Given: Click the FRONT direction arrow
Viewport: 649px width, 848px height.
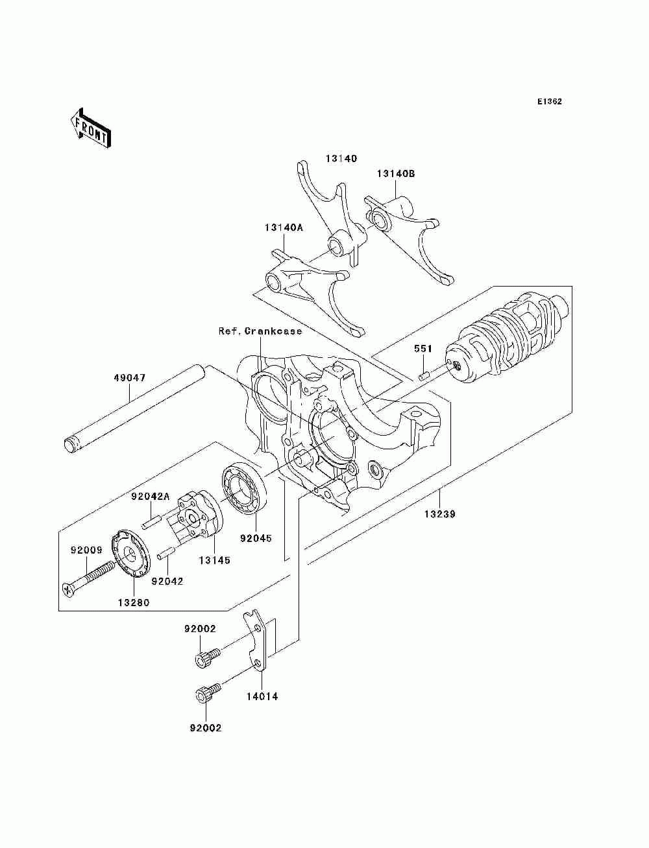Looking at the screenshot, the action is click(90, 128).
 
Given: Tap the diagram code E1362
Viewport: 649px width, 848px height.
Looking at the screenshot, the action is click(549, 102).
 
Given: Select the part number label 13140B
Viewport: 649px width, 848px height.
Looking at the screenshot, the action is click(396, 174).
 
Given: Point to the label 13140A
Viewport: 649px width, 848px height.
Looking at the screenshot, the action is click(284, 228).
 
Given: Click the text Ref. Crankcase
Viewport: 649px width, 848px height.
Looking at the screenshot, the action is click(260, 331).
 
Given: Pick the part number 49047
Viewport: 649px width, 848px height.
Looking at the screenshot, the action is click(130, 377).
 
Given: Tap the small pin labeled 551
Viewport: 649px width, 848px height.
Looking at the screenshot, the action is click(424, 376).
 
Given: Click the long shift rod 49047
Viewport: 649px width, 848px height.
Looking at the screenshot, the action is click(134, 408).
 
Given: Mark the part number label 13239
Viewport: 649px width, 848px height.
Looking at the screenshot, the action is click(439, 515).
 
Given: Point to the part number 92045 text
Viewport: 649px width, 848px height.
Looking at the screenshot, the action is click(256, 538).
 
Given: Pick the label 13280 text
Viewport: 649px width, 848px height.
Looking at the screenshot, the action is click(134, 602).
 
